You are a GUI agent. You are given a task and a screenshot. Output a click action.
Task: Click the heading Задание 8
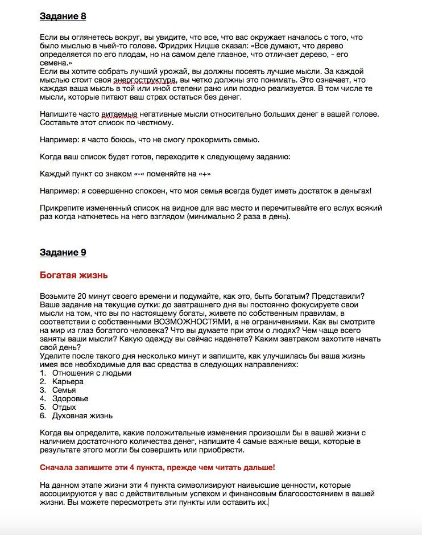tap(63, 17)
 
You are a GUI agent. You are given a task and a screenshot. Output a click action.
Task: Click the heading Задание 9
tap(63, 253)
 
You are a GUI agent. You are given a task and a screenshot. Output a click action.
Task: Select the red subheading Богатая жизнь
tap(74, 275)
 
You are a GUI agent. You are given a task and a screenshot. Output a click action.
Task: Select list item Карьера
tap(67, 382)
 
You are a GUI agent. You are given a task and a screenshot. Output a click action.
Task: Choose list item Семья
tap(64, 390)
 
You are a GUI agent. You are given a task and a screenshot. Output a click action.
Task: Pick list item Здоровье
tap(70, 399)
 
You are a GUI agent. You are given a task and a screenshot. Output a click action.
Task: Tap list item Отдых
tap(64, 408)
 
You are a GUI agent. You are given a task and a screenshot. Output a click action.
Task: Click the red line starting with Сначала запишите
tap(158, 467)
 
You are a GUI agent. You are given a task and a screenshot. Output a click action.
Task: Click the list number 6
tap(43, 416)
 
